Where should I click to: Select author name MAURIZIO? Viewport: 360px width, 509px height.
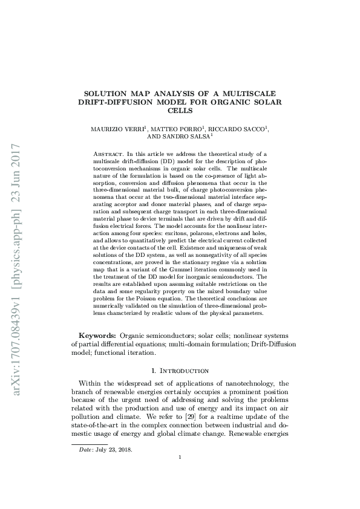point(110,129)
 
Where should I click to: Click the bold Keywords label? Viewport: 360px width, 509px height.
point(97,335)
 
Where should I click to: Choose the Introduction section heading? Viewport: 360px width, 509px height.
point(184,370)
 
